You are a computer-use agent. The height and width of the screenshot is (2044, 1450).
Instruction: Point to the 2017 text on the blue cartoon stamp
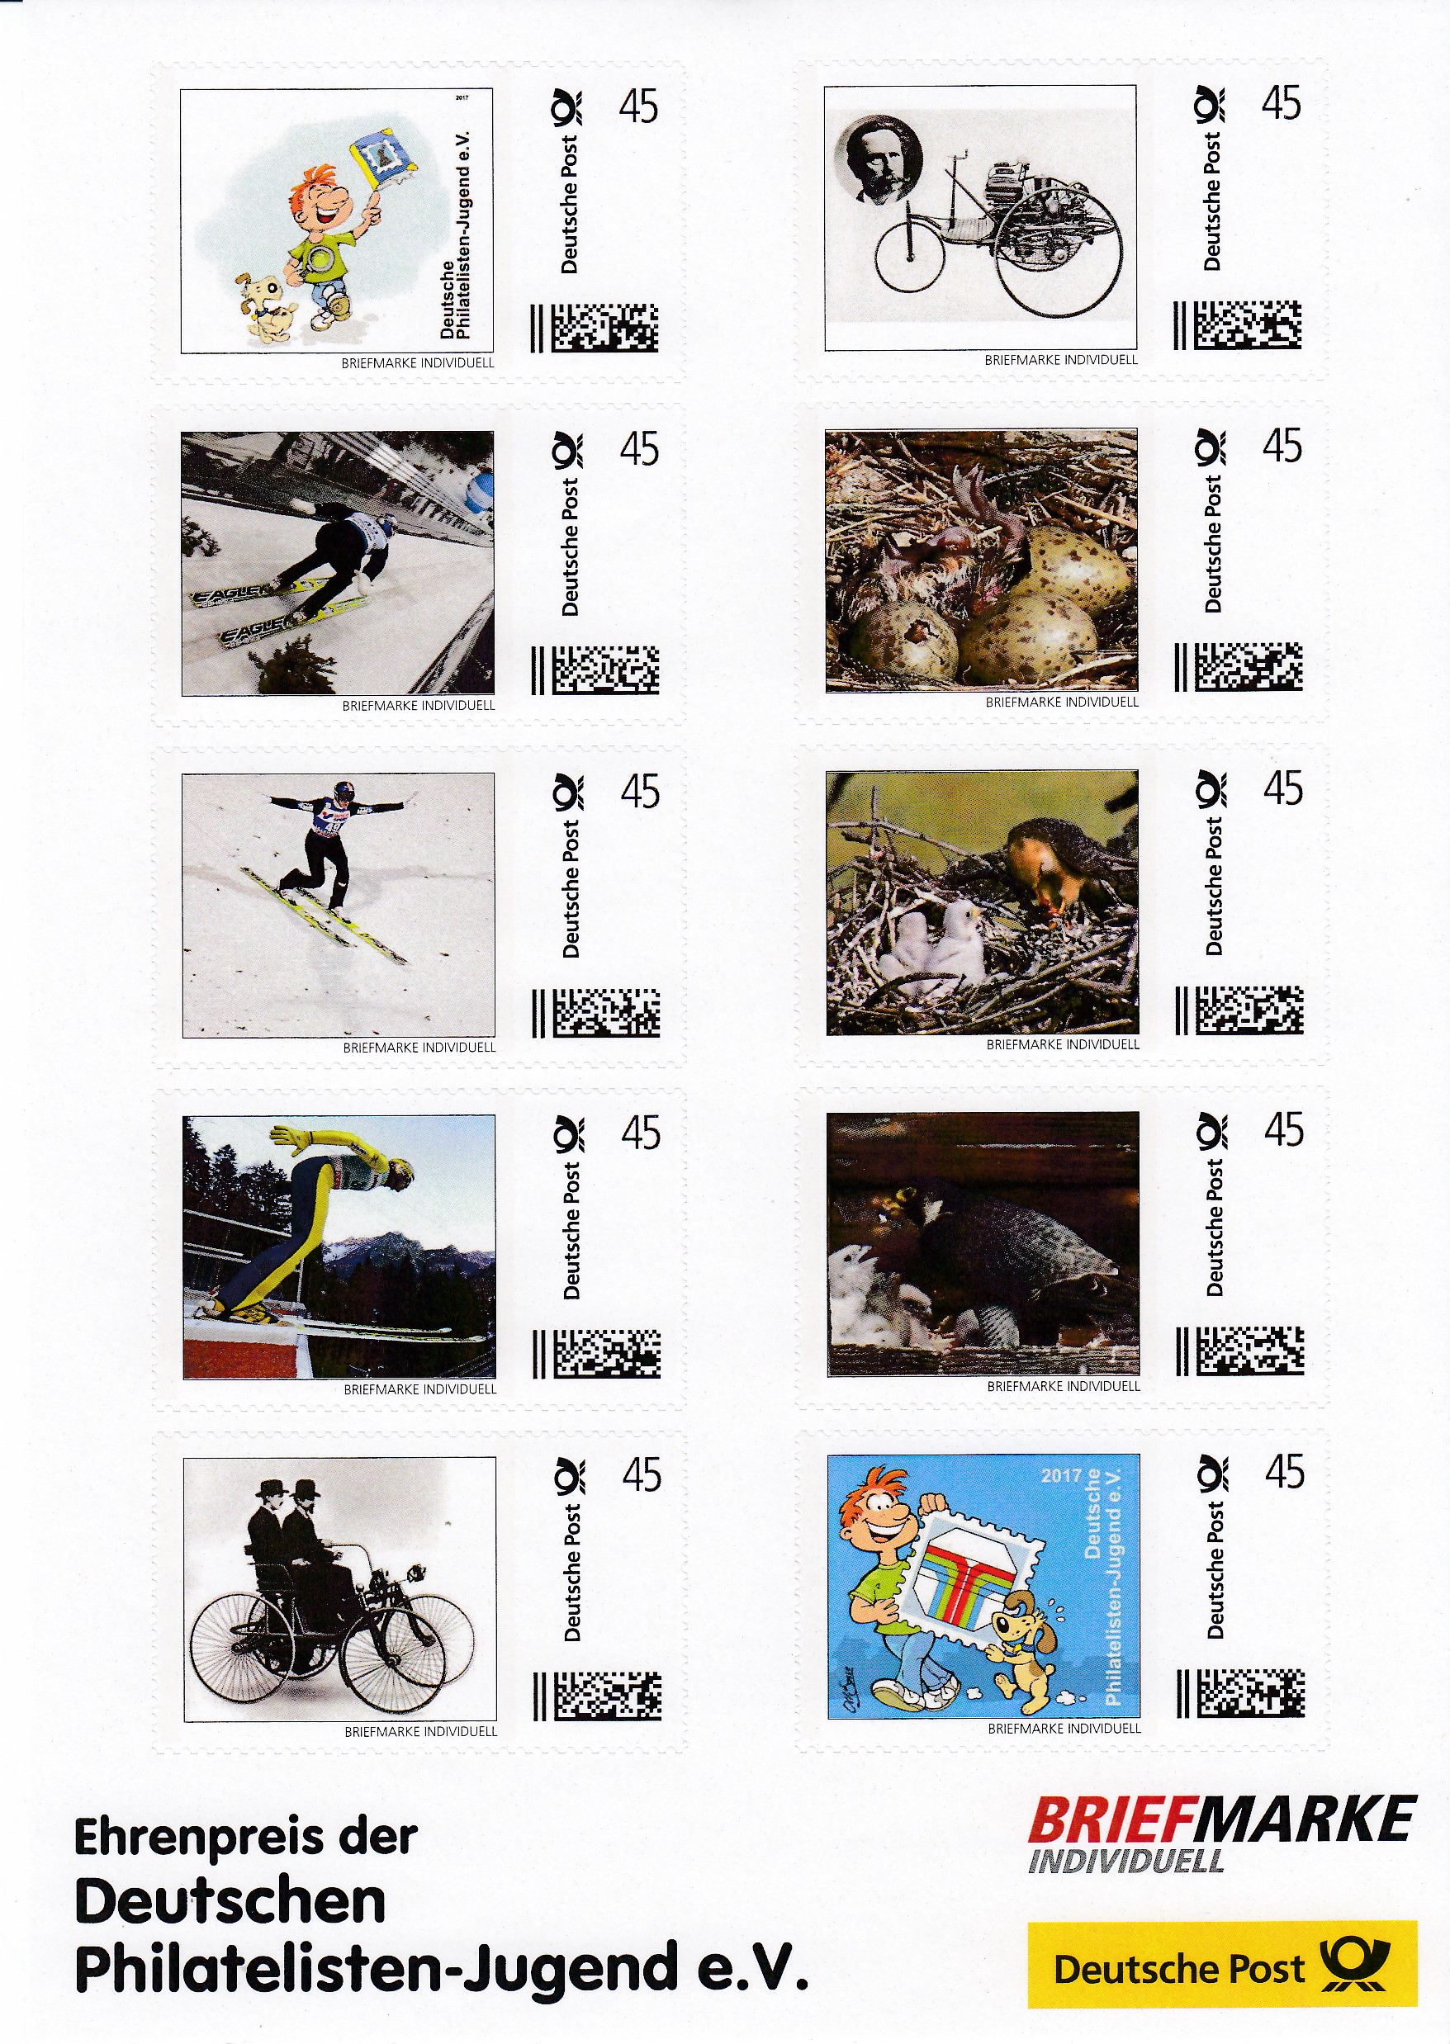point(1061,1474)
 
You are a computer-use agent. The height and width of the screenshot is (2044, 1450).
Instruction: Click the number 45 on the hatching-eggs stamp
point(1282,446)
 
